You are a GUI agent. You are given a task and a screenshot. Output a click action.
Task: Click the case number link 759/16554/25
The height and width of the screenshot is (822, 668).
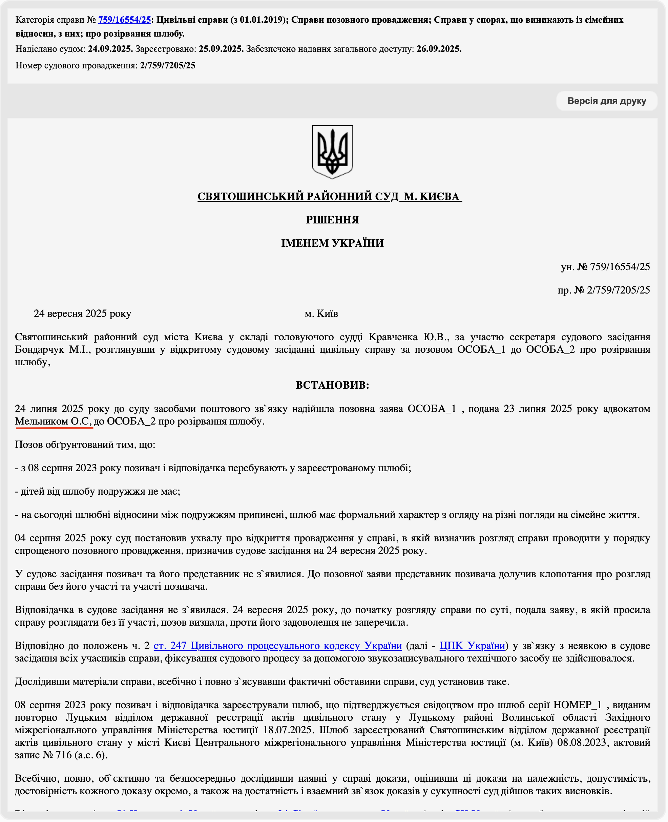pos(124,20)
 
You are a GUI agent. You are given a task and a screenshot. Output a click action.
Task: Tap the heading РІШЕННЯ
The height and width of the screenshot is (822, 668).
pos(332,220)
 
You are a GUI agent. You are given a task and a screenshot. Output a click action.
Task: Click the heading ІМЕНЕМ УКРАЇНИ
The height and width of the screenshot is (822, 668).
pos(332,243)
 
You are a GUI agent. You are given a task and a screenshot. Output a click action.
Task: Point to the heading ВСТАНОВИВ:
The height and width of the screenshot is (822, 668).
pos(332,385)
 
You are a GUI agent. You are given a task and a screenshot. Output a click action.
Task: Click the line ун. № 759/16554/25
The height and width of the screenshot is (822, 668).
pos(605,267)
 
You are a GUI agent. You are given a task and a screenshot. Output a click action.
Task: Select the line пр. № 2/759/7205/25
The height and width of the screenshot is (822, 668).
pos(604,290)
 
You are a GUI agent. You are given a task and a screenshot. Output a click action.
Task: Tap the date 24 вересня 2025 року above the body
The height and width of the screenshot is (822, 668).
pos(83,314)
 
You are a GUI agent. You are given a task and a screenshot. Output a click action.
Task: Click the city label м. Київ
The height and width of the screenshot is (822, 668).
pos(321,314)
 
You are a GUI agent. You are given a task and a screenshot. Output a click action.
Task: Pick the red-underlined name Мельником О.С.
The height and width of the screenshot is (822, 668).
pos(53,421)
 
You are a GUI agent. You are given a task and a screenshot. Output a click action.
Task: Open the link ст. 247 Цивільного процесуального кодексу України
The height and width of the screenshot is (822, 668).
pos(278,646)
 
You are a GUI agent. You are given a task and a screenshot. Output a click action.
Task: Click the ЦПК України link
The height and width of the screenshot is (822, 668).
pos(472,646)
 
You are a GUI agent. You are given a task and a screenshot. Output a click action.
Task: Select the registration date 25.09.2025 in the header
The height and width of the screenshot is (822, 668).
pos(221,49)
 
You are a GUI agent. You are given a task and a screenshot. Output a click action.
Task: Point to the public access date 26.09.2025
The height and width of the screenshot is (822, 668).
pos(439,49)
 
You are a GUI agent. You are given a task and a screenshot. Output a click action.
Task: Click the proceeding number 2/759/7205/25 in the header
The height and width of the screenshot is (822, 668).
pos(168,66)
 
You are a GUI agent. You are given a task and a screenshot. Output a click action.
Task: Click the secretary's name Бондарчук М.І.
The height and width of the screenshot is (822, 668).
pos(53,350)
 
